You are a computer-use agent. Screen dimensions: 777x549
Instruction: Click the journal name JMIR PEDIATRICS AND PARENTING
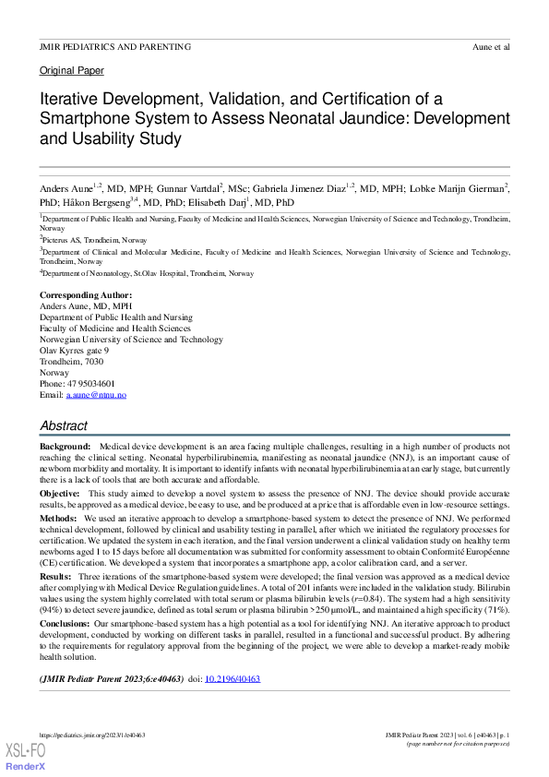(115, 46)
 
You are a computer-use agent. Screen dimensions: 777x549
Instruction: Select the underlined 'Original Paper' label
(72, 71)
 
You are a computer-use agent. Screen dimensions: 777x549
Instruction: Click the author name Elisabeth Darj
(222, 202)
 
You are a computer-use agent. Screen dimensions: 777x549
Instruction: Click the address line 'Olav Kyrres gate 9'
(74, 351)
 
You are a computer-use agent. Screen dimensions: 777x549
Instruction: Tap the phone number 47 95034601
(90, 384)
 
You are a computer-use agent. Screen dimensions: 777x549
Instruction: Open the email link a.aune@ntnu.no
(96, 395)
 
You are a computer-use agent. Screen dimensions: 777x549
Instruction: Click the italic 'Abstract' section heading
(64, 426)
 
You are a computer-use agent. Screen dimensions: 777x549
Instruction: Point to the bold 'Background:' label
(65, 446)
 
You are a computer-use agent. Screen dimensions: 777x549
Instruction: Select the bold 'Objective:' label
(60, 495)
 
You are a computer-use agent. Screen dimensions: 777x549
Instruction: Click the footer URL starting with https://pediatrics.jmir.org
(92, 735)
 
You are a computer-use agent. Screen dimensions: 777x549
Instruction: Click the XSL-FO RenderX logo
(25, 757)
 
